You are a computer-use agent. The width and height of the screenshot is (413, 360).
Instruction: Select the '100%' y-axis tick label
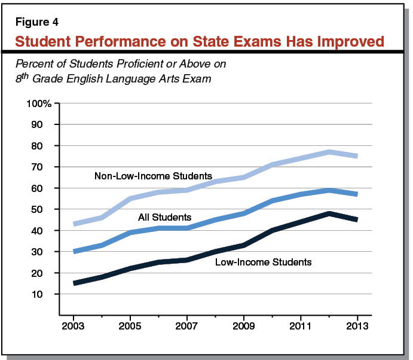[39, 103]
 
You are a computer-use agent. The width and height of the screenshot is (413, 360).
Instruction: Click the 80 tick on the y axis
[45, 146]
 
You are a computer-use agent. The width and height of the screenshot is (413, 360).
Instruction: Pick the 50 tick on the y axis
[45, 209]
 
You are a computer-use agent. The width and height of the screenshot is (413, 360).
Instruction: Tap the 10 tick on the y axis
[45, 294]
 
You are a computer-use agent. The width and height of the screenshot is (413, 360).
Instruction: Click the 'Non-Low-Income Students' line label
[153, 176]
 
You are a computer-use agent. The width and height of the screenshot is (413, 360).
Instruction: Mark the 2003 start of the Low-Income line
[74, 283]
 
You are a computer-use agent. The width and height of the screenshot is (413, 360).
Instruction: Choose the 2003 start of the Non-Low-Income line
[74, 224]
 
